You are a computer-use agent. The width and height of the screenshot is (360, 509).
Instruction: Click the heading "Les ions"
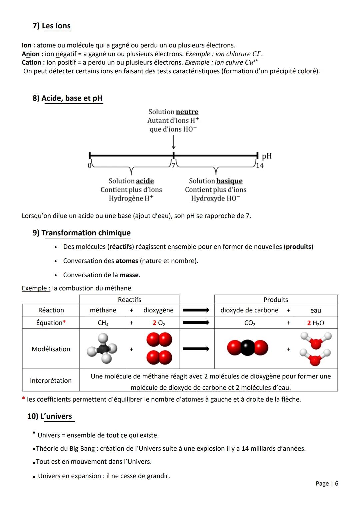pos(56,26)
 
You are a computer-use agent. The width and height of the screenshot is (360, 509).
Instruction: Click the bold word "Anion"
pos(31,54)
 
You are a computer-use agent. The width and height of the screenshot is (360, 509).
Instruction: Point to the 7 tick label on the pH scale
pos(173,165)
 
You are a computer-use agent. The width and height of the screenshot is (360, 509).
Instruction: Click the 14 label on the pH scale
pos(260,165)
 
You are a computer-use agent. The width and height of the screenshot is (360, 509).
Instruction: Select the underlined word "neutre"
pos(187,112)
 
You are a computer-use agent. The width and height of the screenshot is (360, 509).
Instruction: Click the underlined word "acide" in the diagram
pos(145,181)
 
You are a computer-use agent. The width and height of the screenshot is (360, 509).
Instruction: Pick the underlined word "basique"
pos(229,181)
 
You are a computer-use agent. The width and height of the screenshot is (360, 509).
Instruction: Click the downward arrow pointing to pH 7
pos(174,142)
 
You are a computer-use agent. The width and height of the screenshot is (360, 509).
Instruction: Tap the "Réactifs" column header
pos(129,299)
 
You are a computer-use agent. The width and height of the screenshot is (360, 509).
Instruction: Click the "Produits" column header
pos(276,299)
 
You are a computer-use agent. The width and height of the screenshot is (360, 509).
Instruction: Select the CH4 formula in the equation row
pos(103,323)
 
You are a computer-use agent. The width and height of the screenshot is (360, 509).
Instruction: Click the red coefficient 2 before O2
pos(155,323)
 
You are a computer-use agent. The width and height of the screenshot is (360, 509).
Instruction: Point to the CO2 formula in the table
pos(250,323)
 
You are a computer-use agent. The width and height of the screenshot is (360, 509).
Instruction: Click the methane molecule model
pos(102,348)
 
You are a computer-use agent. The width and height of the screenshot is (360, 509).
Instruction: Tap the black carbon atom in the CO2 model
pos(247,348)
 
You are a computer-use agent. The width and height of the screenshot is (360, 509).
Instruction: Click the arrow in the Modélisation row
pos(196,349)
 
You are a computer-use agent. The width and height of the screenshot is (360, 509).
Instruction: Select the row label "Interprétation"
pos(51,381)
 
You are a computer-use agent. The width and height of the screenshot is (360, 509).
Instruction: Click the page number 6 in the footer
pos(337,483)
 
